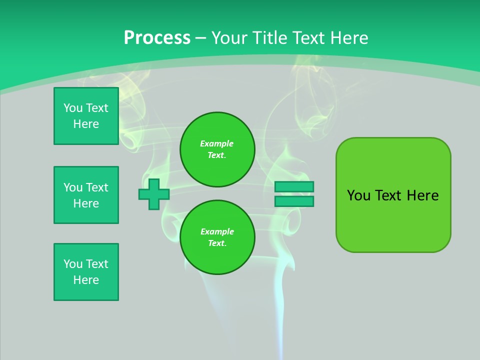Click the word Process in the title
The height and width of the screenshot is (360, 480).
click(x=157, y=38)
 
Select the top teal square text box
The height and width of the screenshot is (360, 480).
click(x=86, y=116)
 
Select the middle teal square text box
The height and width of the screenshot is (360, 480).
click(x=86, y=195)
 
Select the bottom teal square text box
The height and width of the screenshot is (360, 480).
click(x=86, y=272)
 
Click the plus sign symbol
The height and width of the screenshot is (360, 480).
click(x=154, y=194)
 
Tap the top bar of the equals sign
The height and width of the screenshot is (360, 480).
click(x=294, y=186)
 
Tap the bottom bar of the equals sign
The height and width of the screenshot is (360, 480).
click(x=294, y=201)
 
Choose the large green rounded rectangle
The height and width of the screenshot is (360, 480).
click(x=393, y=220)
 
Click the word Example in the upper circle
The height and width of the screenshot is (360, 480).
click(x=216, y=143)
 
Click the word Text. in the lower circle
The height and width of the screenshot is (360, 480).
click(x=217, y=243)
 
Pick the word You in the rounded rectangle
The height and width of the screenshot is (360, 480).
click(x=358, y=195)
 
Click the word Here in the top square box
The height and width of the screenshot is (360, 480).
click(x=86, y=124)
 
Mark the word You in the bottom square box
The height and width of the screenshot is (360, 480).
click(x=73, y=264)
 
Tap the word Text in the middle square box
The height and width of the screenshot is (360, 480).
click(x=97, y=187)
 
